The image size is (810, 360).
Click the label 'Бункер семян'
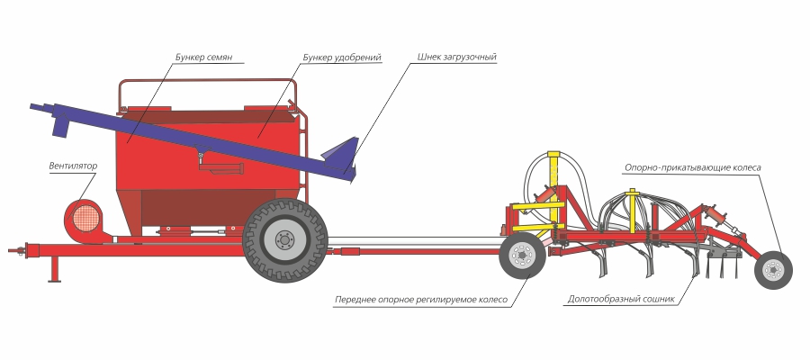(x=204, y=57)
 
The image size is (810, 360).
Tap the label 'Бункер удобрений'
(x=341, y=57)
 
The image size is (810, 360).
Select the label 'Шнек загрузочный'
(x=456, y=57)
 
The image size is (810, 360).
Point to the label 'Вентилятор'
(x=73, y=166)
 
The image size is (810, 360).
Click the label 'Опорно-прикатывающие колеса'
(x=693, y=167)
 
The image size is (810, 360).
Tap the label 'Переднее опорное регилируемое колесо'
(x=421, y=298)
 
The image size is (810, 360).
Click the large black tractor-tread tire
(x=285, y=239)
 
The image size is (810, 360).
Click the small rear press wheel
(x=772, y=268)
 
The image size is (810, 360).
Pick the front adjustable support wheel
(x=523, y=256)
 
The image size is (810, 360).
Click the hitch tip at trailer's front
(x=13, y=249)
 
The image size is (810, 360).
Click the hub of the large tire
(x=285, y=239)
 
